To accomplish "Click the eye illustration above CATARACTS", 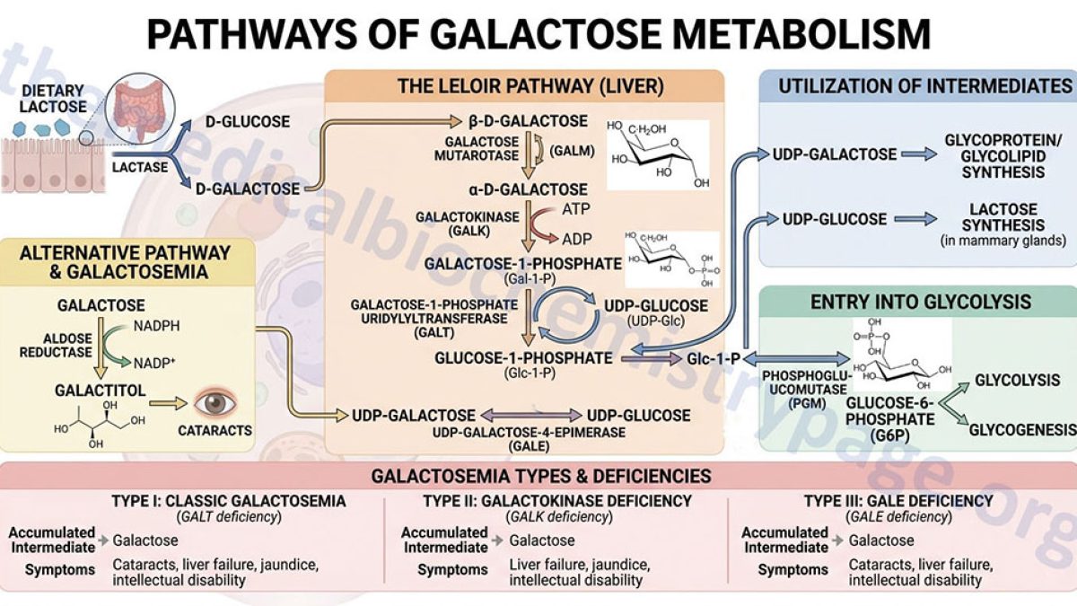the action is [215, 403].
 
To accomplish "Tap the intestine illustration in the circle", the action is [140, 110].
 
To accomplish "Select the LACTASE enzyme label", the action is [140, 167].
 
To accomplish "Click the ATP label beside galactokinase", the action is [575, 208].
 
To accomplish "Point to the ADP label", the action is [576, 239].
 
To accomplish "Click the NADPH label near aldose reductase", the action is [157, 326].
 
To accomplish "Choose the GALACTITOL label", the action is [100, 390].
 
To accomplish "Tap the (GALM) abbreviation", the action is [572, 152].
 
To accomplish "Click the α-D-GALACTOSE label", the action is [528, 189].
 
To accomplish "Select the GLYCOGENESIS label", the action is [1022, 429].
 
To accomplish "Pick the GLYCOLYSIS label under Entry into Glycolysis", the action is [1018, 380].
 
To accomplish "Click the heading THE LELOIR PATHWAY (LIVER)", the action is [530, 86].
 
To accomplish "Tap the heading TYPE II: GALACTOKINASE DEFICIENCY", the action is [557, 501].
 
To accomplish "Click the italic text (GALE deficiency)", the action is [898, 517].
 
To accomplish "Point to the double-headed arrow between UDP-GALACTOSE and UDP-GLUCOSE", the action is [531, 415].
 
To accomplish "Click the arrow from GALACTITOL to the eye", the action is [168, 403].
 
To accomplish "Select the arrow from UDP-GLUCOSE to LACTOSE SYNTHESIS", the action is [915, 219].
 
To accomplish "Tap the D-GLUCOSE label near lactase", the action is [248, 122].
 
